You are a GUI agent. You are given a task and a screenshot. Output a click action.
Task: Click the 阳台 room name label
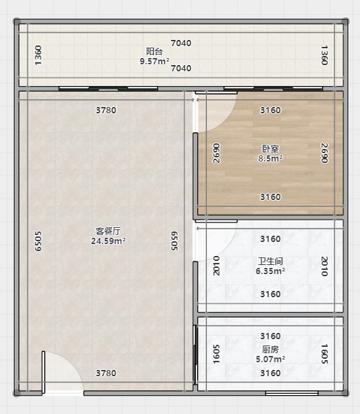tap(154, 51)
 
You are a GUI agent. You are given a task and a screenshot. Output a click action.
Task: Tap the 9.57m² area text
tap(154, 62)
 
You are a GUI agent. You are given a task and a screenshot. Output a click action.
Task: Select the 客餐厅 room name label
tap(108, 231)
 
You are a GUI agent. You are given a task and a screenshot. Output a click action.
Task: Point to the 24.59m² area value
tap(108, 241)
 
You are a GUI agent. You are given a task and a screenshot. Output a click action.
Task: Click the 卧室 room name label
tap(271, 149)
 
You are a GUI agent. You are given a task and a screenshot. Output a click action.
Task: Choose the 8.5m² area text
tap(271, 159)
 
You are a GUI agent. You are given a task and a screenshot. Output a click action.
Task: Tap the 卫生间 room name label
tap(271, 261)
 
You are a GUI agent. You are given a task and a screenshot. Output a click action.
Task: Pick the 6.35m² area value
tap(271, 271)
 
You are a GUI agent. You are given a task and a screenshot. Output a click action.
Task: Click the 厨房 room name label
tap(271, 350)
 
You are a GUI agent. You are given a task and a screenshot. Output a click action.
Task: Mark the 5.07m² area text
tap(271, 359)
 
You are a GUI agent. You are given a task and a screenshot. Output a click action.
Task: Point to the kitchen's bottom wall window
tap(291, 394)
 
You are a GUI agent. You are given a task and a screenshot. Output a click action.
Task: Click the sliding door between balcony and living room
tap(108, 89)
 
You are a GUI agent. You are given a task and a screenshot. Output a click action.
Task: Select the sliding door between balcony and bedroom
tap(273, 89)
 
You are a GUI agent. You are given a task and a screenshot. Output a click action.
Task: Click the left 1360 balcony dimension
tap(38, 55)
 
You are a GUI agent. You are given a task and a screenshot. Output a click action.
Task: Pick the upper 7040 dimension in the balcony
tap(181, 43)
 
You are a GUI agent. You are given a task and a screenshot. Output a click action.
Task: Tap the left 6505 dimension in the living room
tap(38, 241)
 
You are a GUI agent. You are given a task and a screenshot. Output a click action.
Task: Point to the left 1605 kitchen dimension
tap(216, 354)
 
